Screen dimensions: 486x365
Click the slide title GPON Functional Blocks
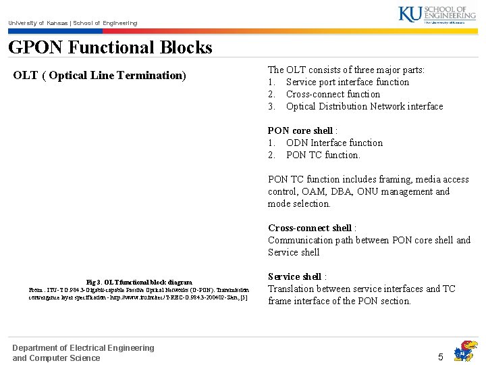point(110,47)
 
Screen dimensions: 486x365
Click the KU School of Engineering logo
point(437,14)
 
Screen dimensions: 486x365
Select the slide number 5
point(441,356)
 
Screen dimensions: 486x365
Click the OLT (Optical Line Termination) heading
point(99,75)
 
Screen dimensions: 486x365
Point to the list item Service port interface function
point(347,82)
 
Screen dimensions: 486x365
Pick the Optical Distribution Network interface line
point(364,106)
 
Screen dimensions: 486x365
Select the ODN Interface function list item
point(333,143)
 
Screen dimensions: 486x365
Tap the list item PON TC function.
point(323,155)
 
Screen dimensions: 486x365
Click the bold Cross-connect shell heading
point(310,228)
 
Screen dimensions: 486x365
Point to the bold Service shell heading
point(295,276)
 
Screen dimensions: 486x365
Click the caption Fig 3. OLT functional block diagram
point(139,282)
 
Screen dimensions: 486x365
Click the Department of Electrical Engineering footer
point(83,348)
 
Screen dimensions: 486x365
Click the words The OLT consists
point(301,70)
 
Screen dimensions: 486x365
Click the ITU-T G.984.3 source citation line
point(139,290)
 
